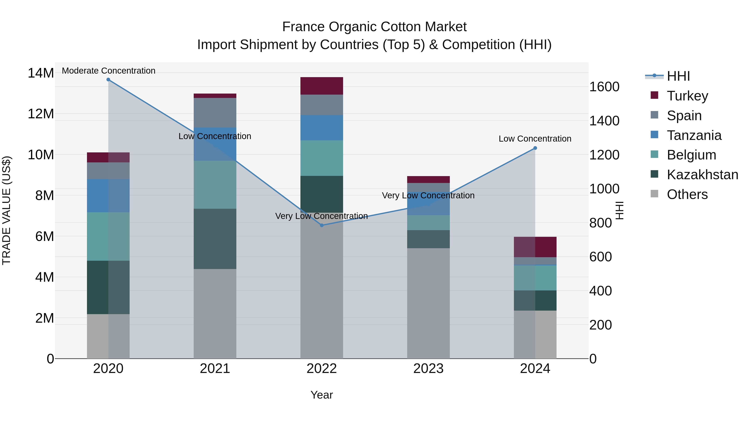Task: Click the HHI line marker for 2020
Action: [x=108, y=80]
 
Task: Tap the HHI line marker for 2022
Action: [x=322, y=225]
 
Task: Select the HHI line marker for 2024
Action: [x=535, y=148]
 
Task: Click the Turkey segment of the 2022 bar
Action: [x=322, y=86]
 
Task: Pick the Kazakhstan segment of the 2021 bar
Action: [x=215, y=239]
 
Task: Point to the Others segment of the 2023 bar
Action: [x=428, y=303]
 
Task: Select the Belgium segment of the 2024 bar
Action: [x=535, y=278]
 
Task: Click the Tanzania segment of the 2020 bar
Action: [x=108, y=196]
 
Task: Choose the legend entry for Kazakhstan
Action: [x=702, y=175]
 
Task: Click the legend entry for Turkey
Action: [x=687, y=96]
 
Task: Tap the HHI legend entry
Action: [x=678, y=76]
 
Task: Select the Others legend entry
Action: [x=687, y=194]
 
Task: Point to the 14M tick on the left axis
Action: [x=41, y=73]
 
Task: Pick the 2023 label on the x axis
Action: [x=428, y=369]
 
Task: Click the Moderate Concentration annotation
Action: [x=108, y=71]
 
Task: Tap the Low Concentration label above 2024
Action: [x=535, y=139]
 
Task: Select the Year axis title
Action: [x=322, y=395]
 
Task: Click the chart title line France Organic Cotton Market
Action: [x=374, y=27]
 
